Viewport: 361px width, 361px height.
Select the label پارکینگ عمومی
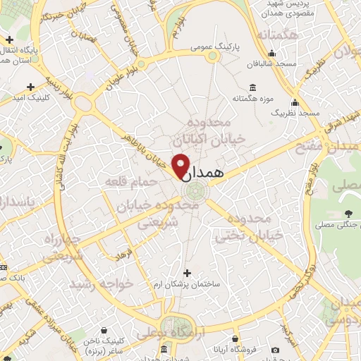tap(215, 47)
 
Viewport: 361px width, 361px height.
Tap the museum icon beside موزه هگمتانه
tap(250, 87)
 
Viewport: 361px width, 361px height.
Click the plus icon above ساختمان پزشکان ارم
tap(187, 272)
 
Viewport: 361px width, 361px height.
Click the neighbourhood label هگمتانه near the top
tap(279, 35)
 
